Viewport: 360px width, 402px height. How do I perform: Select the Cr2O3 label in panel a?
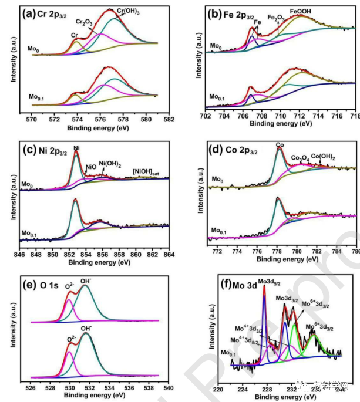pos(86,22)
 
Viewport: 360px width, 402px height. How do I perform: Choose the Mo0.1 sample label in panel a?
pos(37,96)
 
